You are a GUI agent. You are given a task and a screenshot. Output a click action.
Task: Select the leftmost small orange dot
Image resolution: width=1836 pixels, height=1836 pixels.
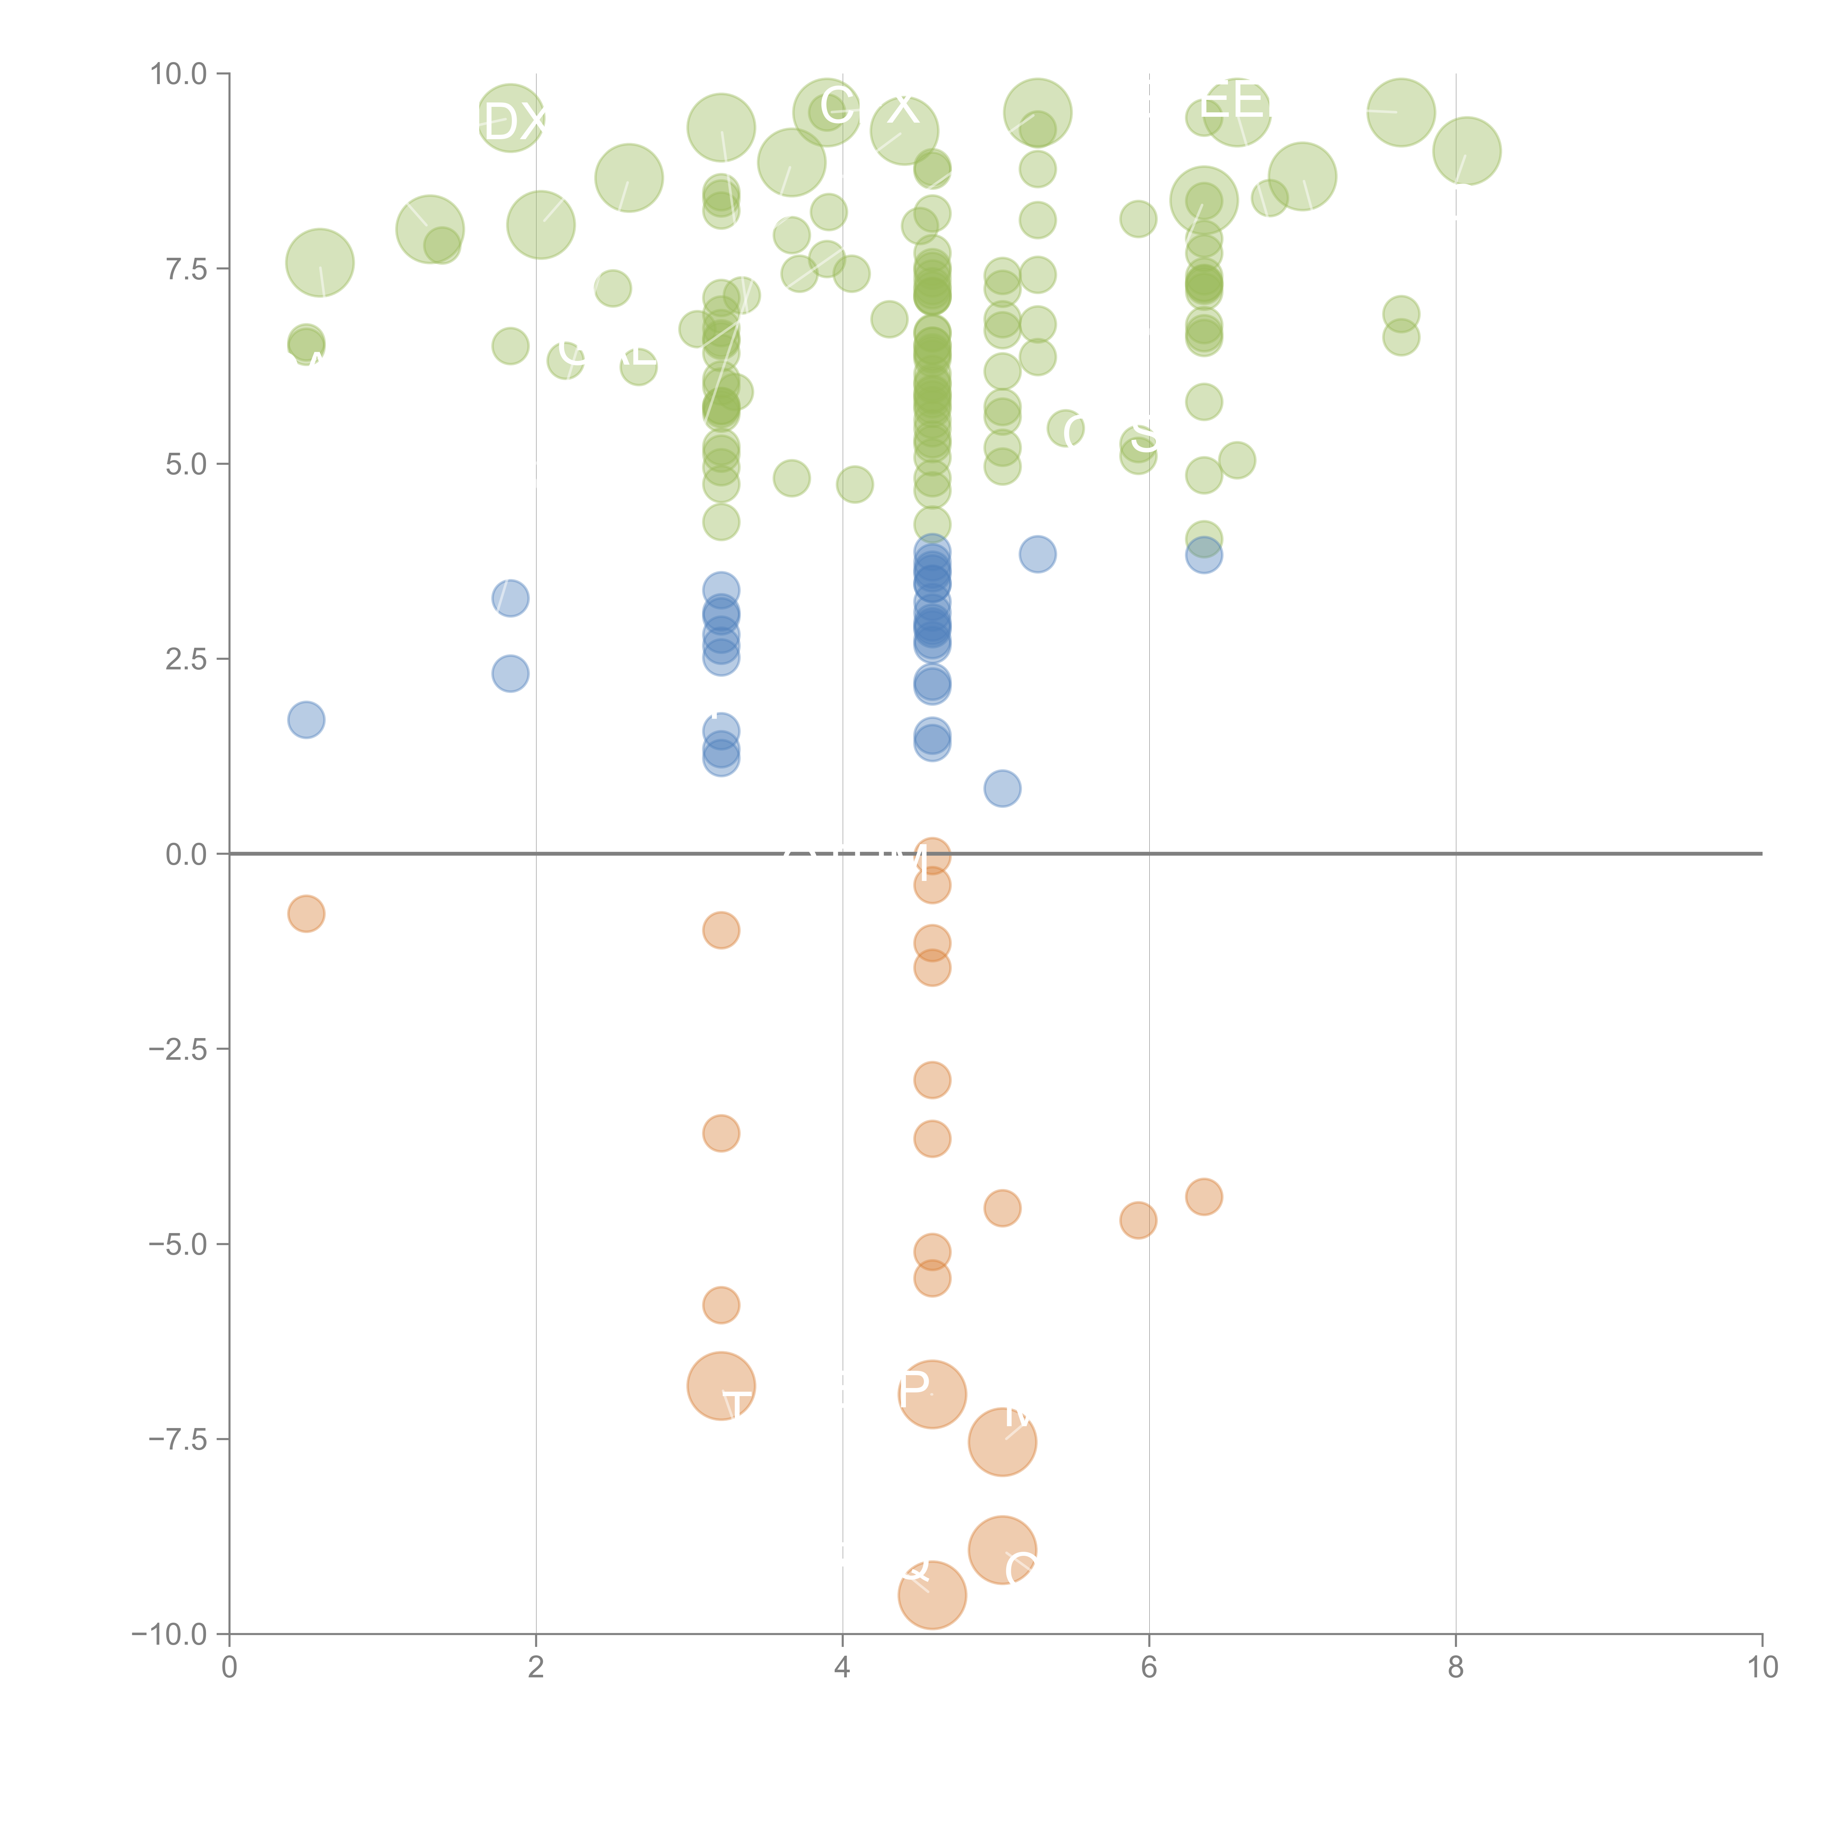tap(306, 914)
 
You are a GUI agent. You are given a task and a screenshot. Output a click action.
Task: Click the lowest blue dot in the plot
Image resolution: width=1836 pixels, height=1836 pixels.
tap(1002, 788)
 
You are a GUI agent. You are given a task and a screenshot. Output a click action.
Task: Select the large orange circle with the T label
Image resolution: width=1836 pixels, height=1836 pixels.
tap(721, 1387)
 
